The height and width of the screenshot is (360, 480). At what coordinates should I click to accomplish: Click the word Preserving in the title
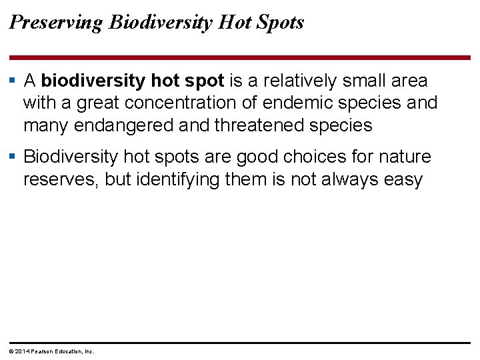coord(56,23)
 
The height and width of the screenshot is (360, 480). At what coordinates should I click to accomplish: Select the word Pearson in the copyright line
coord(42,351)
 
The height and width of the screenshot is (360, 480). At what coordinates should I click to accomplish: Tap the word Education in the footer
coord(71,351)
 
